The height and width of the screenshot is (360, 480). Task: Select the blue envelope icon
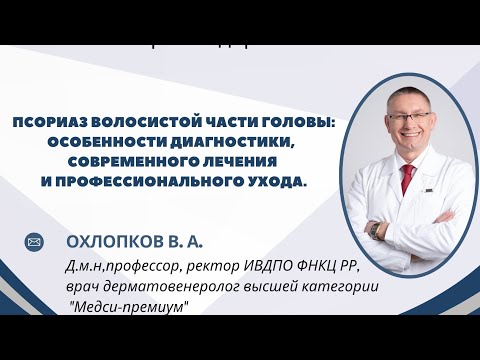pos(33,242)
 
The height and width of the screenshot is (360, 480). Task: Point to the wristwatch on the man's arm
pos(374,229)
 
